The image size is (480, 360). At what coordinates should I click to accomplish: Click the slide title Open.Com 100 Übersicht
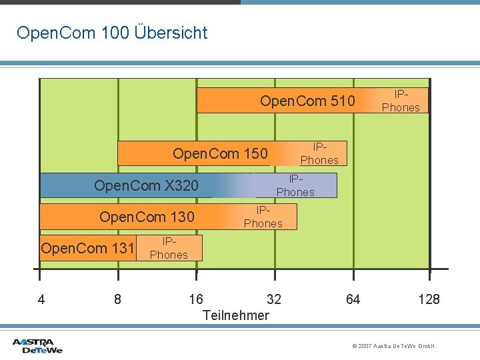pyautogui.click(x=112, y=33)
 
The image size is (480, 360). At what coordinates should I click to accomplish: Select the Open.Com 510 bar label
pyautogui.click(x=307, y=101)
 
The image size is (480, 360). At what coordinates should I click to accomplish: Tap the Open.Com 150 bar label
pyautogui.click(x=219, y=154)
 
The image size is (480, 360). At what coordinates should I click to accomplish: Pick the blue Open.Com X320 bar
pyautogui.click(x=146, y=186)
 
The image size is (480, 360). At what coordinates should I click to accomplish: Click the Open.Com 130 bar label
pyautogui.click(x=147, y=217)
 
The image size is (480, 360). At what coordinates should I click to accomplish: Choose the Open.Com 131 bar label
pyautogui.click(x=87, y=249)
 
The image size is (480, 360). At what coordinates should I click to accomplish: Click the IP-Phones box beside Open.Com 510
pyautogui.click(x=401, y=101)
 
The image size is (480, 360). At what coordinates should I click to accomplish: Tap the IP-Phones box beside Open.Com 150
pyautogui.click(x=319, y=154)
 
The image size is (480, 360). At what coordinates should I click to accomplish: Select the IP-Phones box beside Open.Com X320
pyautogui.click(x=295, y=186)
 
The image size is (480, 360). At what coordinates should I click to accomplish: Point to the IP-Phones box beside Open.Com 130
pyautogui.click(x=263, y=217)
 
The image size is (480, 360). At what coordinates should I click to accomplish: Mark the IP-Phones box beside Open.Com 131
pyautogui.click(x=169, y=248)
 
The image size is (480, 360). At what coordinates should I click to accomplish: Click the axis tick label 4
pyautogui.click(x=41, y=299)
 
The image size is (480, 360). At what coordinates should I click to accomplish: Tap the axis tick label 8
pyautogui.click(x=118, y=299)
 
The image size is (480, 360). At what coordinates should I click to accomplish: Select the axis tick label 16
pyautogui.click(x=196, y=299)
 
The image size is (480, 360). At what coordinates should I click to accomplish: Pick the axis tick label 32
pyautogui.click(x=273, y=299)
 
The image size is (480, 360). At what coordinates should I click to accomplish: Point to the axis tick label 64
pyautogui.click(x=353, y=299)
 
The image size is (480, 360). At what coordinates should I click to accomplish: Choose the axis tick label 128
pyautogui.click(x=429, y=299)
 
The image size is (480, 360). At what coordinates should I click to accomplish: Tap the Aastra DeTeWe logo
pyautogui.click(x=37, y=345)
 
